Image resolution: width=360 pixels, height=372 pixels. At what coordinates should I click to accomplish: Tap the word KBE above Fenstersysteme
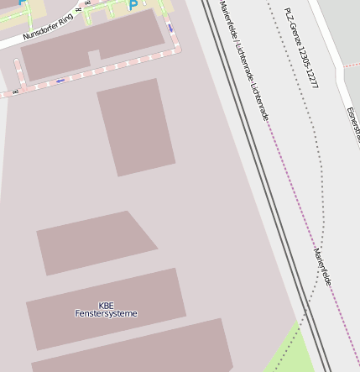(x=106, y=306)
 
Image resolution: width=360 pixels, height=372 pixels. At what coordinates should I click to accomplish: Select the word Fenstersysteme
(x=106, y=314)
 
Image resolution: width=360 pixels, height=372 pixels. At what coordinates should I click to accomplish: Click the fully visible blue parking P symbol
(x=133, y=6)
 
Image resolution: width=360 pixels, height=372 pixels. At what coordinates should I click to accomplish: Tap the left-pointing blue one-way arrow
(x=60, y=81)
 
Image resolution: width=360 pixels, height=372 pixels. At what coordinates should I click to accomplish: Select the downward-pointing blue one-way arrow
(x=170, y=27)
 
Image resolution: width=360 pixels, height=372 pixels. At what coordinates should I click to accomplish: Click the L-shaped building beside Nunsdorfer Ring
(x=92, y=46)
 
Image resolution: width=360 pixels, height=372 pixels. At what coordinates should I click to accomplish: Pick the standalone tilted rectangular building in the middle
(x=136, y=127)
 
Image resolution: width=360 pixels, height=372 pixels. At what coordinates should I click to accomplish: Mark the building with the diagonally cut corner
(x=96, y=242)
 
